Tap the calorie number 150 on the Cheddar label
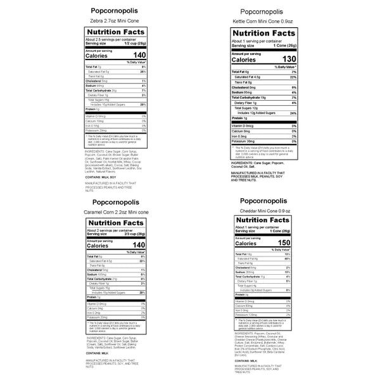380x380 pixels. pyautogui.click(x=284, y=243)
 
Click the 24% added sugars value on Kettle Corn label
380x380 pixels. pyautogui.click(x=293, y=113)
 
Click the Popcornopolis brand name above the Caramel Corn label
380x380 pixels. pyautogui.click(x=115, y=199)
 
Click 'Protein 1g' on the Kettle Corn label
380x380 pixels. pyautogui.click(x=241, y=118)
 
